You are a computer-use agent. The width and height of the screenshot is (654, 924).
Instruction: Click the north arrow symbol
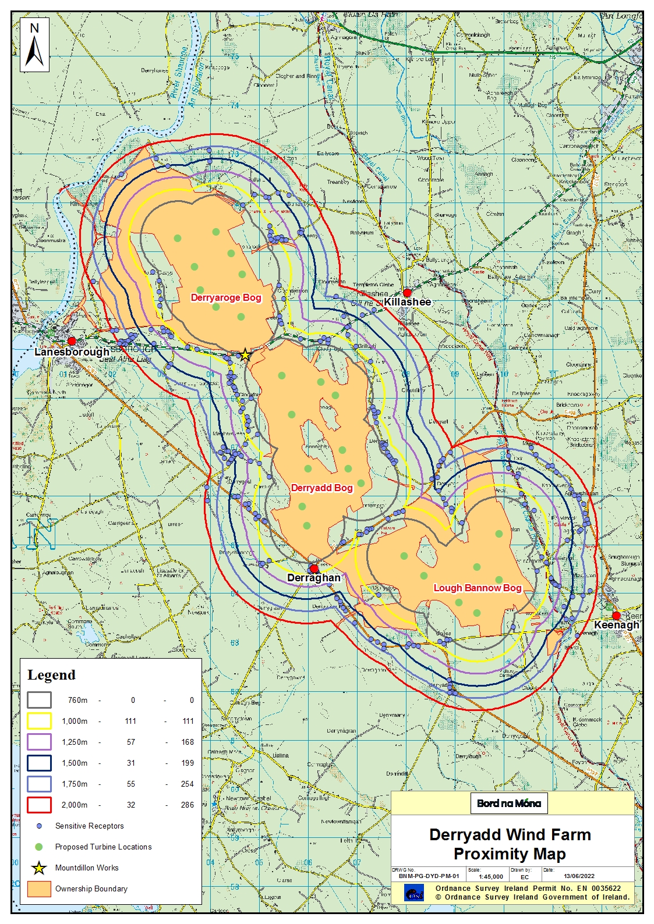[x=34, y=45]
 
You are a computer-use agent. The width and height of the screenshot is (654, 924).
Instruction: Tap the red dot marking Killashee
[x=407, y=292]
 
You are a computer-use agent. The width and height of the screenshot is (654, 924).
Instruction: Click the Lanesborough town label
[x=72, y=352]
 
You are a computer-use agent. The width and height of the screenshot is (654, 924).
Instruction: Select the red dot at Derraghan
[x=314, y=568]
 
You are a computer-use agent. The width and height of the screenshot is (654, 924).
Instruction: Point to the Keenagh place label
[x=616, y=625]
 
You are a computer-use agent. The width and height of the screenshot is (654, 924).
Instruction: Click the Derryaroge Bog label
[x=226, y=298]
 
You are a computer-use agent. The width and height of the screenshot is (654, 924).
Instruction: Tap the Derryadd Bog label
[x=321, y=488]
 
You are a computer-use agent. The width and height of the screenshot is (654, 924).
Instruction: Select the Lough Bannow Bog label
[x=477, y=588]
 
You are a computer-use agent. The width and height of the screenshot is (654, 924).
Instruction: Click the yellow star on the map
[x=245, y=354]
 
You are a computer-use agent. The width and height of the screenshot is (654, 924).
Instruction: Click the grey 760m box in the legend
[x=39, y=700]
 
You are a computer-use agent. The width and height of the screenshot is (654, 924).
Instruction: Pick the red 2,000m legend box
[x=39, y=805]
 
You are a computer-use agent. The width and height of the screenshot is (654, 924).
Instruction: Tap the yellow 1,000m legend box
[x=39, y=721]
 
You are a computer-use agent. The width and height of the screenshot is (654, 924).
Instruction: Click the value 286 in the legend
[x=187, y=805]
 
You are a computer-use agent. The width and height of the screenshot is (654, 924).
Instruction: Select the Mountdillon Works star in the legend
[x=39, y=868]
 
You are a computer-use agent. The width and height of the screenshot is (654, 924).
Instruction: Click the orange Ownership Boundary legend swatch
[x=39, y=889]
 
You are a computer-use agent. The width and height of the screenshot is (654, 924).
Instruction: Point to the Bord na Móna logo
[x=509, y=804]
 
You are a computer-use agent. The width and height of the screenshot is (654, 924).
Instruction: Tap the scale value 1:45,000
[x=490, y=876]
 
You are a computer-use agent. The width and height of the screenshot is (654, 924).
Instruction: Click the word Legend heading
[x=51, y=675]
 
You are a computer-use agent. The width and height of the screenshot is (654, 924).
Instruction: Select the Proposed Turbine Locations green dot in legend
[x=39, y=847]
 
